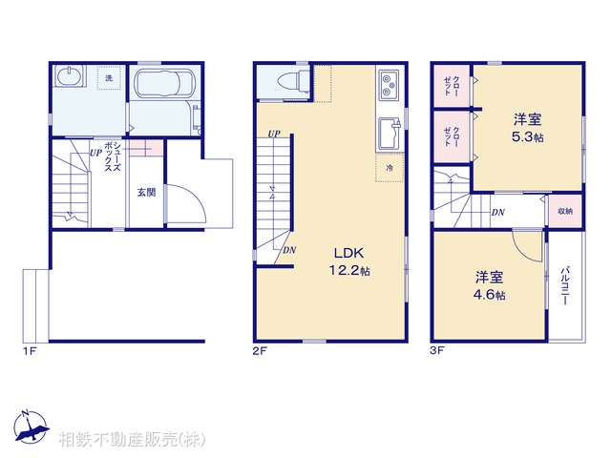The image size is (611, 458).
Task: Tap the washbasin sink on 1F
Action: pos(70,75)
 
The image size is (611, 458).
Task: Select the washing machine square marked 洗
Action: pos(109,78)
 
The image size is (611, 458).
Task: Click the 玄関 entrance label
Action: pos(146,192)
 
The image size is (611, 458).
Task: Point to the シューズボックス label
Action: pos(113,156)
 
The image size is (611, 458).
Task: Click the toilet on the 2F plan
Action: pos(293,81)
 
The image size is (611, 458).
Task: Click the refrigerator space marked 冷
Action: pos(390,168)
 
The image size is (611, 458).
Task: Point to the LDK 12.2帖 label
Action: pos(349,261)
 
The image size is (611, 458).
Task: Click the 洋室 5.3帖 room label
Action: pos(528,128)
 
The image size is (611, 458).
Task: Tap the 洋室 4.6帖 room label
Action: pos(490,285)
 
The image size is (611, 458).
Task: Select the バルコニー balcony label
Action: pos(565,285)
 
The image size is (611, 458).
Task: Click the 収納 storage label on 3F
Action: pos(565,212)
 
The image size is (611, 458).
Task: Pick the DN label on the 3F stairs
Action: pos(498,213)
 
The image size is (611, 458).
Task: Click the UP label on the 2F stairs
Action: pos(274,134)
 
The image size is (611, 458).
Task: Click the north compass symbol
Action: pos(32,427)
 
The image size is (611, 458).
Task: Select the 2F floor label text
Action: pos(260,351)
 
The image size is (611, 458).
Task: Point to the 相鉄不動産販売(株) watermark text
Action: pos(132,439)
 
